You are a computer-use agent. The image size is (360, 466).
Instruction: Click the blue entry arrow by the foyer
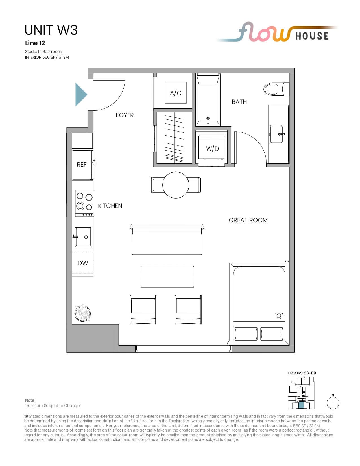(x=81, y=95)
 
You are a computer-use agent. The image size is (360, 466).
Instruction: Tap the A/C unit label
(x=176, y=93)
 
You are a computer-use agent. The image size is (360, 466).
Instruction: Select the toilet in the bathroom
(x=276, y=89)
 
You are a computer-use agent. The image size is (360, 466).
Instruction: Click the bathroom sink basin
(x=276, y=134)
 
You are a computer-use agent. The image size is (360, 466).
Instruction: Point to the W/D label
(x=213, y=149)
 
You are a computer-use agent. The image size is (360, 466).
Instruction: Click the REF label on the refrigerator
(x=82, y=164)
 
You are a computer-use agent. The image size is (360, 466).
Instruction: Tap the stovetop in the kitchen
(x=84, y=203)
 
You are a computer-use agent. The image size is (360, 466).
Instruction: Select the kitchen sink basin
(x=83, y=237)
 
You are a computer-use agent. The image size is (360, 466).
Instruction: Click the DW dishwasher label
(x=83, y=263)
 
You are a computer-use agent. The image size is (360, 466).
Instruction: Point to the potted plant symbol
(x=83, y=313)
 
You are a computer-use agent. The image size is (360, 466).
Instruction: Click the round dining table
(x=176, y=185)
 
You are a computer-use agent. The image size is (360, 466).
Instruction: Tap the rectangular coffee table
(x=167, y=276)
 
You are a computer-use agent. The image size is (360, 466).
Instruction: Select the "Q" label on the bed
(x=278, y=316)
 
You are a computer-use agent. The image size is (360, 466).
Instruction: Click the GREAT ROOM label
(x=248, y=220)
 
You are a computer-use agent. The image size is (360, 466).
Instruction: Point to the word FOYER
(x=125, y=115)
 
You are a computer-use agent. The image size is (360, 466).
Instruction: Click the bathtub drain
(x=208, y=118)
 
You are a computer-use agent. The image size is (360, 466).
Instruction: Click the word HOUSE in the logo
(x=312, y=36)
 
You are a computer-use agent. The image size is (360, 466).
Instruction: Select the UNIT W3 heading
(x=51, y=30)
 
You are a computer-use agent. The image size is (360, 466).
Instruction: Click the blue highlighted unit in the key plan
(x=301, y=405)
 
